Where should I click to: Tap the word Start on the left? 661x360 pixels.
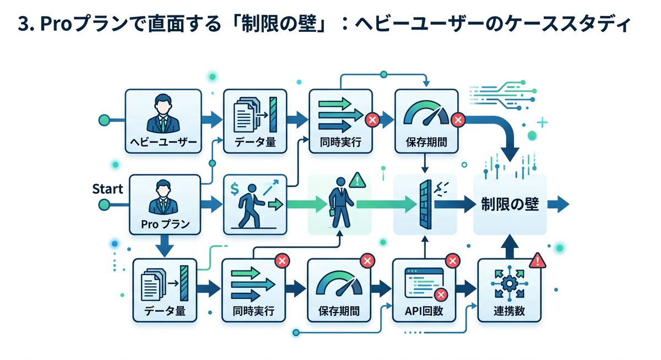click(107, 189)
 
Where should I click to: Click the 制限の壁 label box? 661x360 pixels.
click(510, 205)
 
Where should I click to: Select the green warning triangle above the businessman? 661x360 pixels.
click(357, 179)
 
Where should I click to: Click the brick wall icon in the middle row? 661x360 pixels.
click(425, 205)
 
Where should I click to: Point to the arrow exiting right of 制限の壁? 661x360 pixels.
click(559, 205)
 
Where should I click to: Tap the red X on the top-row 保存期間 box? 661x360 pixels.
click(457, 119)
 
